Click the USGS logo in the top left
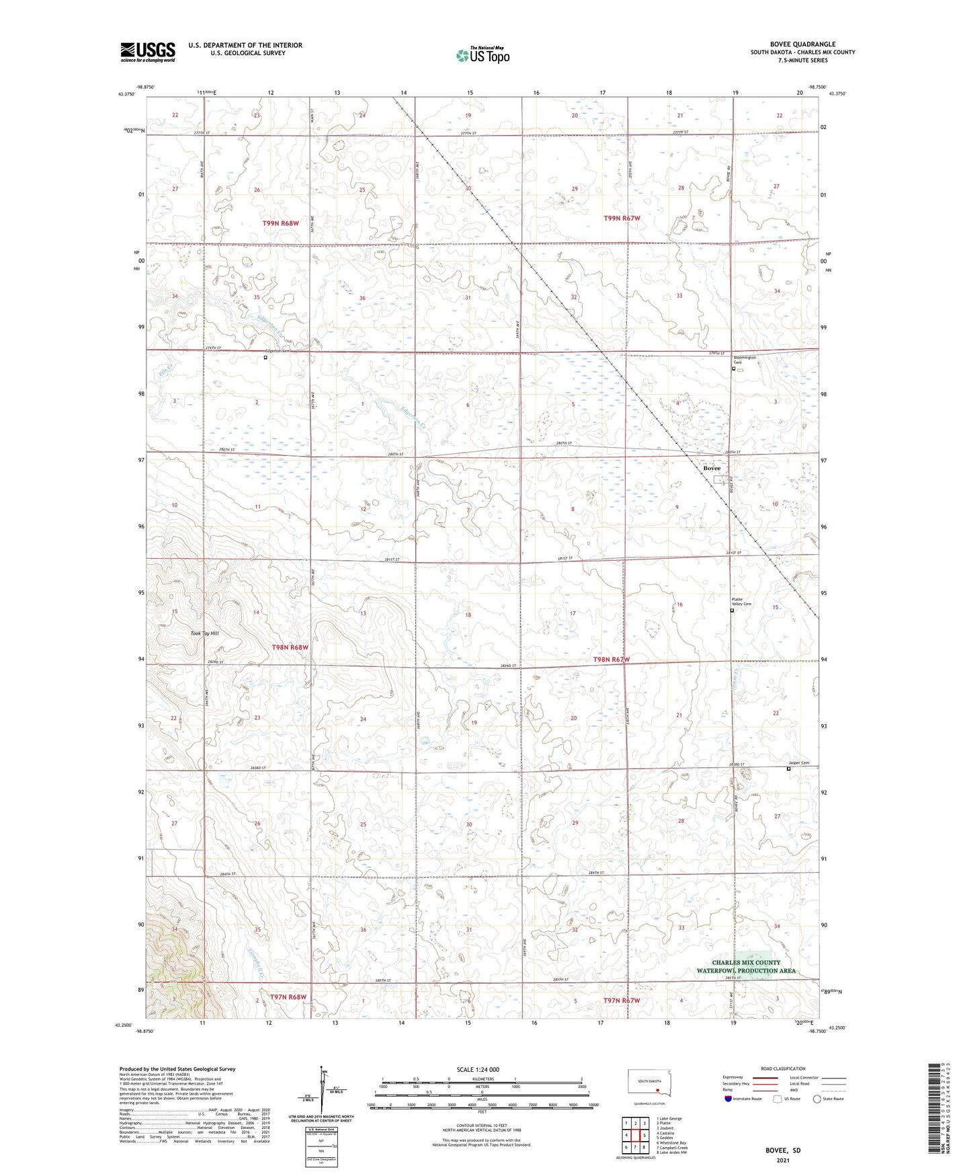pyautogui.click(x=147, y=52)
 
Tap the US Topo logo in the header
pyautogui.click(x=482, y=55)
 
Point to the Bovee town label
pyautogui.click(x=712, y=468)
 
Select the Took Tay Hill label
pyautogui.click(x=205, y=633)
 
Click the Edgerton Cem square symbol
pyautogui.click(x=265, y=358)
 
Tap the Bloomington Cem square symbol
pyautogui.click(x=733, y=368)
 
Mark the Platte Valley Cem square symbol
pyautogui.click(x=732, y=611)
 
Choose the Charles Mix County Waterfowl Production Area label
pyautogui.click(x=746, y=966)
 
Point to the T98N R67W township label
pyautogui.click(x=611, y=660)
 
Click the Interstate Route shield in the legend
pyautogui.click(x=728, y=1099)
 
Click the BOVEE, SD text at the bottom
pyautogui.click(x=783, y=1150)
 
